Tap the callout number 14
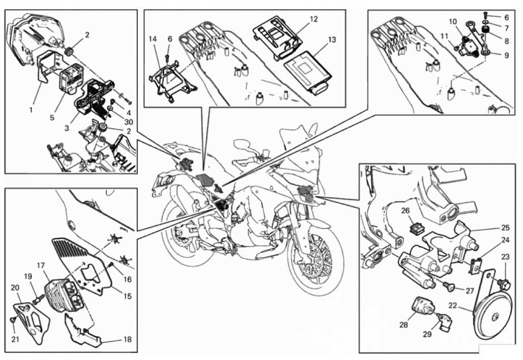(x=153, y=39)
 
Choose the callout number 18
(x=127, y=340)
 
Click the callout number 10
(x=453, y=21)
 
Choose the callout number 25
(x=505, y=228)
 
